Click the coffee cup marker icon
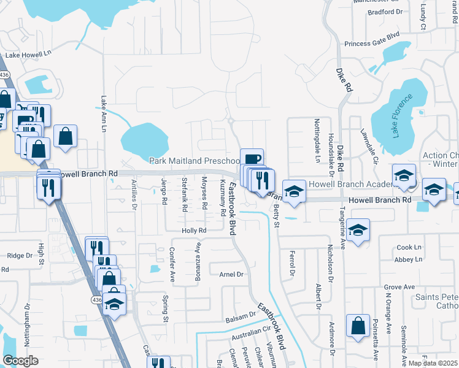252,158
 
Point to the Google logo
20,361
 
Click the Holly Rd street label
194,231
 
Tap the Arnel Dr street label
232,275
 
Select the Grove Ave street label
399,287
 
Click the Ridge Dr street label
19,255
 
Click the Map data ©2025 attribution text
433,363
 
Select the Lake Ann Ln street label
103,113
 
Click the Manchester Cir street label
375,2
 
